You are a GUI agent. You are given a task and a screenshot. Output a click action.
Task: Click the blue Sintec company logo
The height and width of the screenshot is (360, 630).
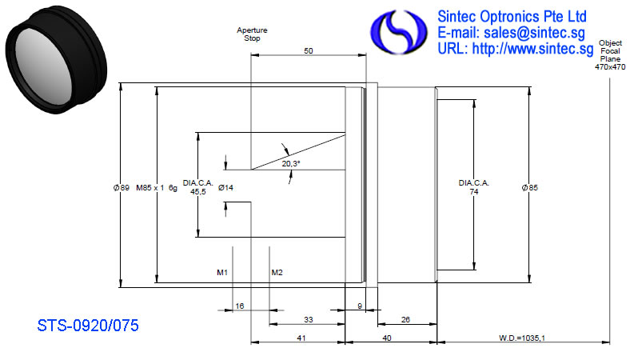click(398, 32)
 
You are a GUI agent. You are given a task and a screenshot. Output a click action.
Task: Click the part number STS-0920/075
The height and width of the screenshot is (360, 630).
click(88, 326)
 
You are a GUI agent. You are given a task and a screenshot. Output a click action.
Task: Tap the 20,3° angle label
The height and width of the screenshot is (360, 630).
click(291, 164)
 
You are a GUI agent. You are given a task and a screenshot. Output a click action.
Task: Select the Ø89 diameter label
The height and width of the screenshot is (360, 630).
click(122, 187)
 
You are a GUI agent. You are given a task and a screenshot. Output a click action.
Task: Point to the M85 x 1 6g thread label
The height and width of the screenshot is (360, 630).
click(157, 188)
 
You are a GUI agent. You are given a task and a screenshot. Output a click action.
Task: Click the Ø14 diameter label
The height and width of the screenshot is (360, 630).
click(225, 187)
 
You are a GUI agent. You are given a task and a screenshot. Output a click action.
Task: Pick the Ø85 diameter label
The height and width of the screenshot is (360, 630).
click(529, 187)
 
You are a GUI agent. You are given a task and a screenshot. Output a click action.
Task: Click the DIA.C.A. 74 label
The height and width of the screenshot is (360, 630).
click(474, 187)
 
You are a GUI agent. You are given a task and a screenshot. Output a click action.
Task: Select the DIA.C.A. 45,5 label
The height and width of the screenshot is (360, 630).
click(198, 187)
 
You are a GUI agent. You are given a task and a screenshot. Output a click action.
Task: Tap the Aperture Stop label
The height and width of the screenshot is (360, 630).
click(252, 34)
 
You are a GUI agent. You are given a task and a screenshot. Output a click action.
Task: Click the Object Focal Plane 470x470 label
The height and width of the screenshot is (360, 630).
click(610, 55)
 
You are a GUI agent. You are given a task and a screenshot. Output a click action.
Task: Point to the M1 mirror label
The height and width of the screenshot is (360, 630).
click(222, 273)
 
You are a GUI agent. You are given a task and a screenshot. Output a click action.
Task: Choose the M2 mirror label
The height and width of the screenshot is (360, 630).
click(277, 273)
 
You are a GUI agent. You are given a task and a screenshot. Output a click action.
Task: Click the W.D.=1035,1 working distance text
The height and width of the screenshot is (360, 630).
click(522, 338)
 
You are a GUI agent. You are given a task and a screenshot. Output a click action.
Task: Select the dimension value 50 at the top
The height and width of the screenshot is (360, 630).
click(308, 51)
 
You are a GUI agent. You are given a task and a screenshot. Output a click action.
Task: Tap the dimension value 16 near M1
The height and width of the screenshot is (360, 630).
click(240, 306)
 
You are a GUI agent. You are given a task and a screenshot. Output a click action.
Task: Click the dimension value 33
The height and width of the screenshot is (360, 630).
click(308, 320)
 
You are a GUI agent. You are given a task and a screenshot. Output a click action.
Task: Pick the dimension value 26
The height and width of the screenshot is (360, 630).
click(405, 320)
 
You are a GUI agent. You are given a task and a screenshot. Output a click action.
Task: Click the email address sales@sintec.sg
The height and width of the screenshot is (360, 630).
click(534, 33)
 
